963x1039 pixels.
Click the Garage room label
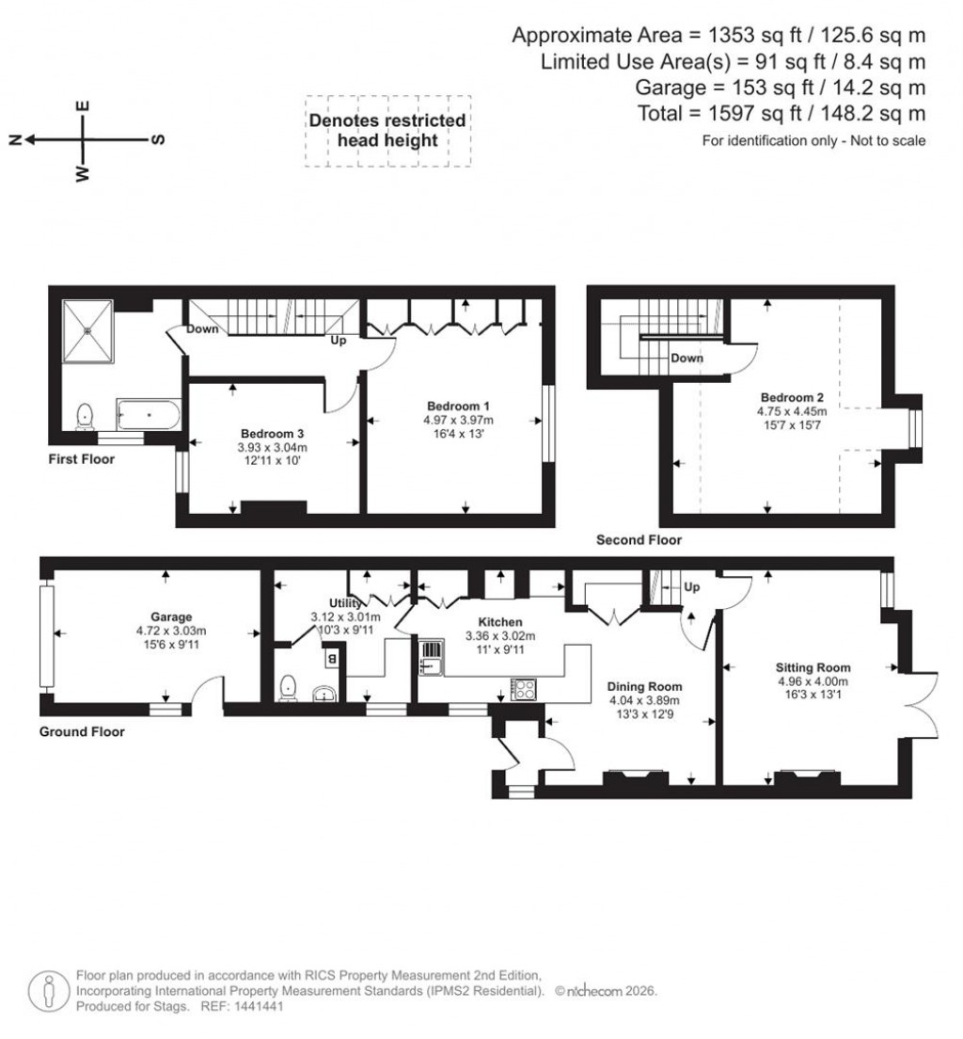click(x=171, y=617)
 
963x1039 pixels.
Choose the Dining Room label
click(x=644, y=686)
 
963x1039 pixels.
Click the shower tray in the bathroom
click(x=87, y=330)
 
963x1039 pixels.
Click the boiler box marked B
click(x=331, y=659)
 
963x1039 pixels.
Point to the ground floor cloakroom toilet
click(x=289, y=689)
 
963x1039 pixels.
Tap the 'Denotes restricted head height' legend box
click(x=387, y=131)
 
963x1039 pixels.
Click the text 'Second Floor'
click(x=639, y=539)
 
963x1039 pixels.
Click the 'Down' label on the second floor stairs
click(x=687, y=359)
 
